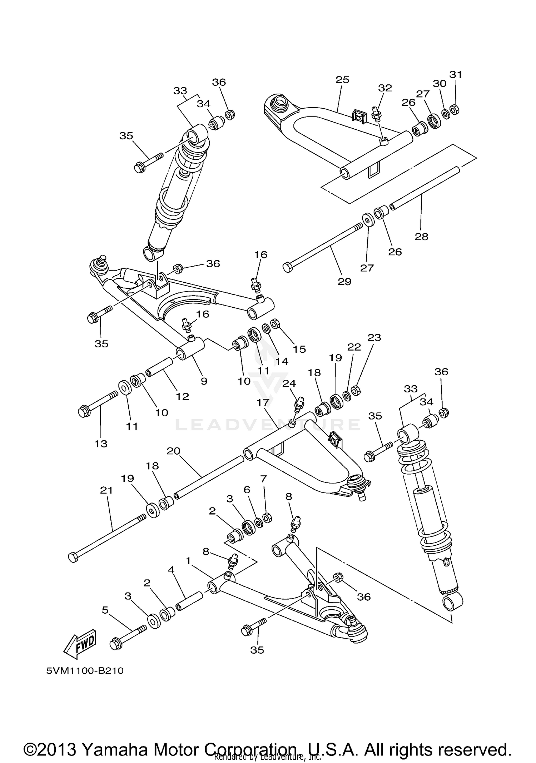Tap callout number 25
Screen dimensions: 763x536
(342, 80)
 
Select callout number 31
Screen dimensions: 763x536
(456, 74)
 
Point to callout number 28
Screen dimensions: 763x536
(421, 236)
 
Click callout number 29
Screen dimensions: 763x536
(344, 282)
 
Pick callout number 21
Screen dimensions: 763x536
(106, 490)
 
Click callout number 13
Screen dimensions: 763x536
(101, 444)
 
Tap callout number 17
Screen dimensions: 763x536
(263, 402)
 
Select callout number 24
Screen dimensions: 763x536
(289, 383)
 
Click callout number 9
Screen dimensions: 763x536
(204, 381)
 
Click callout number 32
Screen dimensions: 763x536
(385, 88)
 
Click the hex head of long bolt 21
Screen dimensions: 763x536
(73, 558)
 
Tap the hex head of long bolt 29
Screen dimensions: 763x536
(288, 267)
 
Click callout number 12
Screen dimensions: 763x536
(182, 396)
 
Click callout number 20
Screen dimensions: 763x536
(173, 451)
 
